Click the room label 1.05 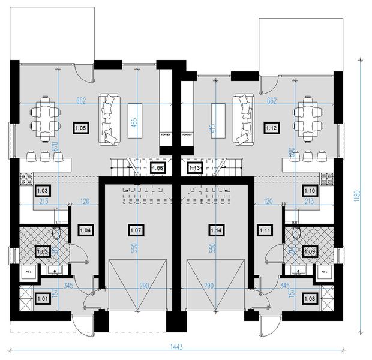(80, 127)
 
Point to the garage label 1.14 (216, 229)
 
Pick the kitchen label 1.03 (43, 191)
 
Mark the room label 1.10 (310, 191)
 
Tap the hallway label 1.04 (85, 229)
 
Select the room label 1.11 (265, 229)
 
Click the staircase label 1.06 (158, 169)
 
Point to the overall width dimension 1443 (176, 347)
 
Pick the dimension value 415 (213, 127)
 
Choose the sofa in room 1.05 (109, 118)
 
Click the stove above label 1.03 (26, 178)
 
